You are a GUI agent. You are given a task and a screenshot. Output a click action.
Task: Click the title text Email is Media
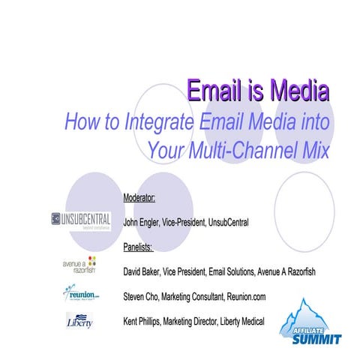tap(257, 91)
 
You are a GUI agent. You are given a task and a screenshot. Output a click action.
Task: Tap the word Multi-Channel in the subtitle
tap(243, 147)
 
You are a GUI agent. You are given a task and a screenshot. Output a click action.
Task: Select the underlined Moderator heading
tap(140, 197)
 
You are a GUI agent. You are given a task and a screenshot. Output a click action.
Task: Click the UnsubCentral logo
tap(81, 220)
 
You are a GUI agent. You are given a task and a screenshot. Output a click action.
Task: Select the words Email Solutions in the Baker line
tap(225, 270)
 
